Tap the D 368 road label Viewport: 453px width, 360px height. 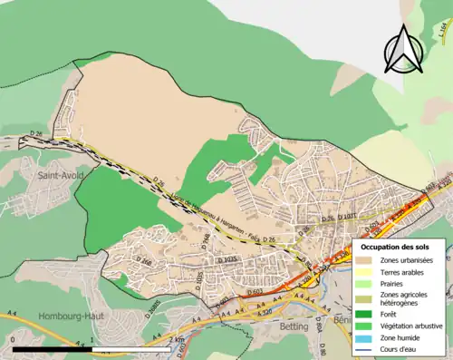(x=206, y=239)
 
